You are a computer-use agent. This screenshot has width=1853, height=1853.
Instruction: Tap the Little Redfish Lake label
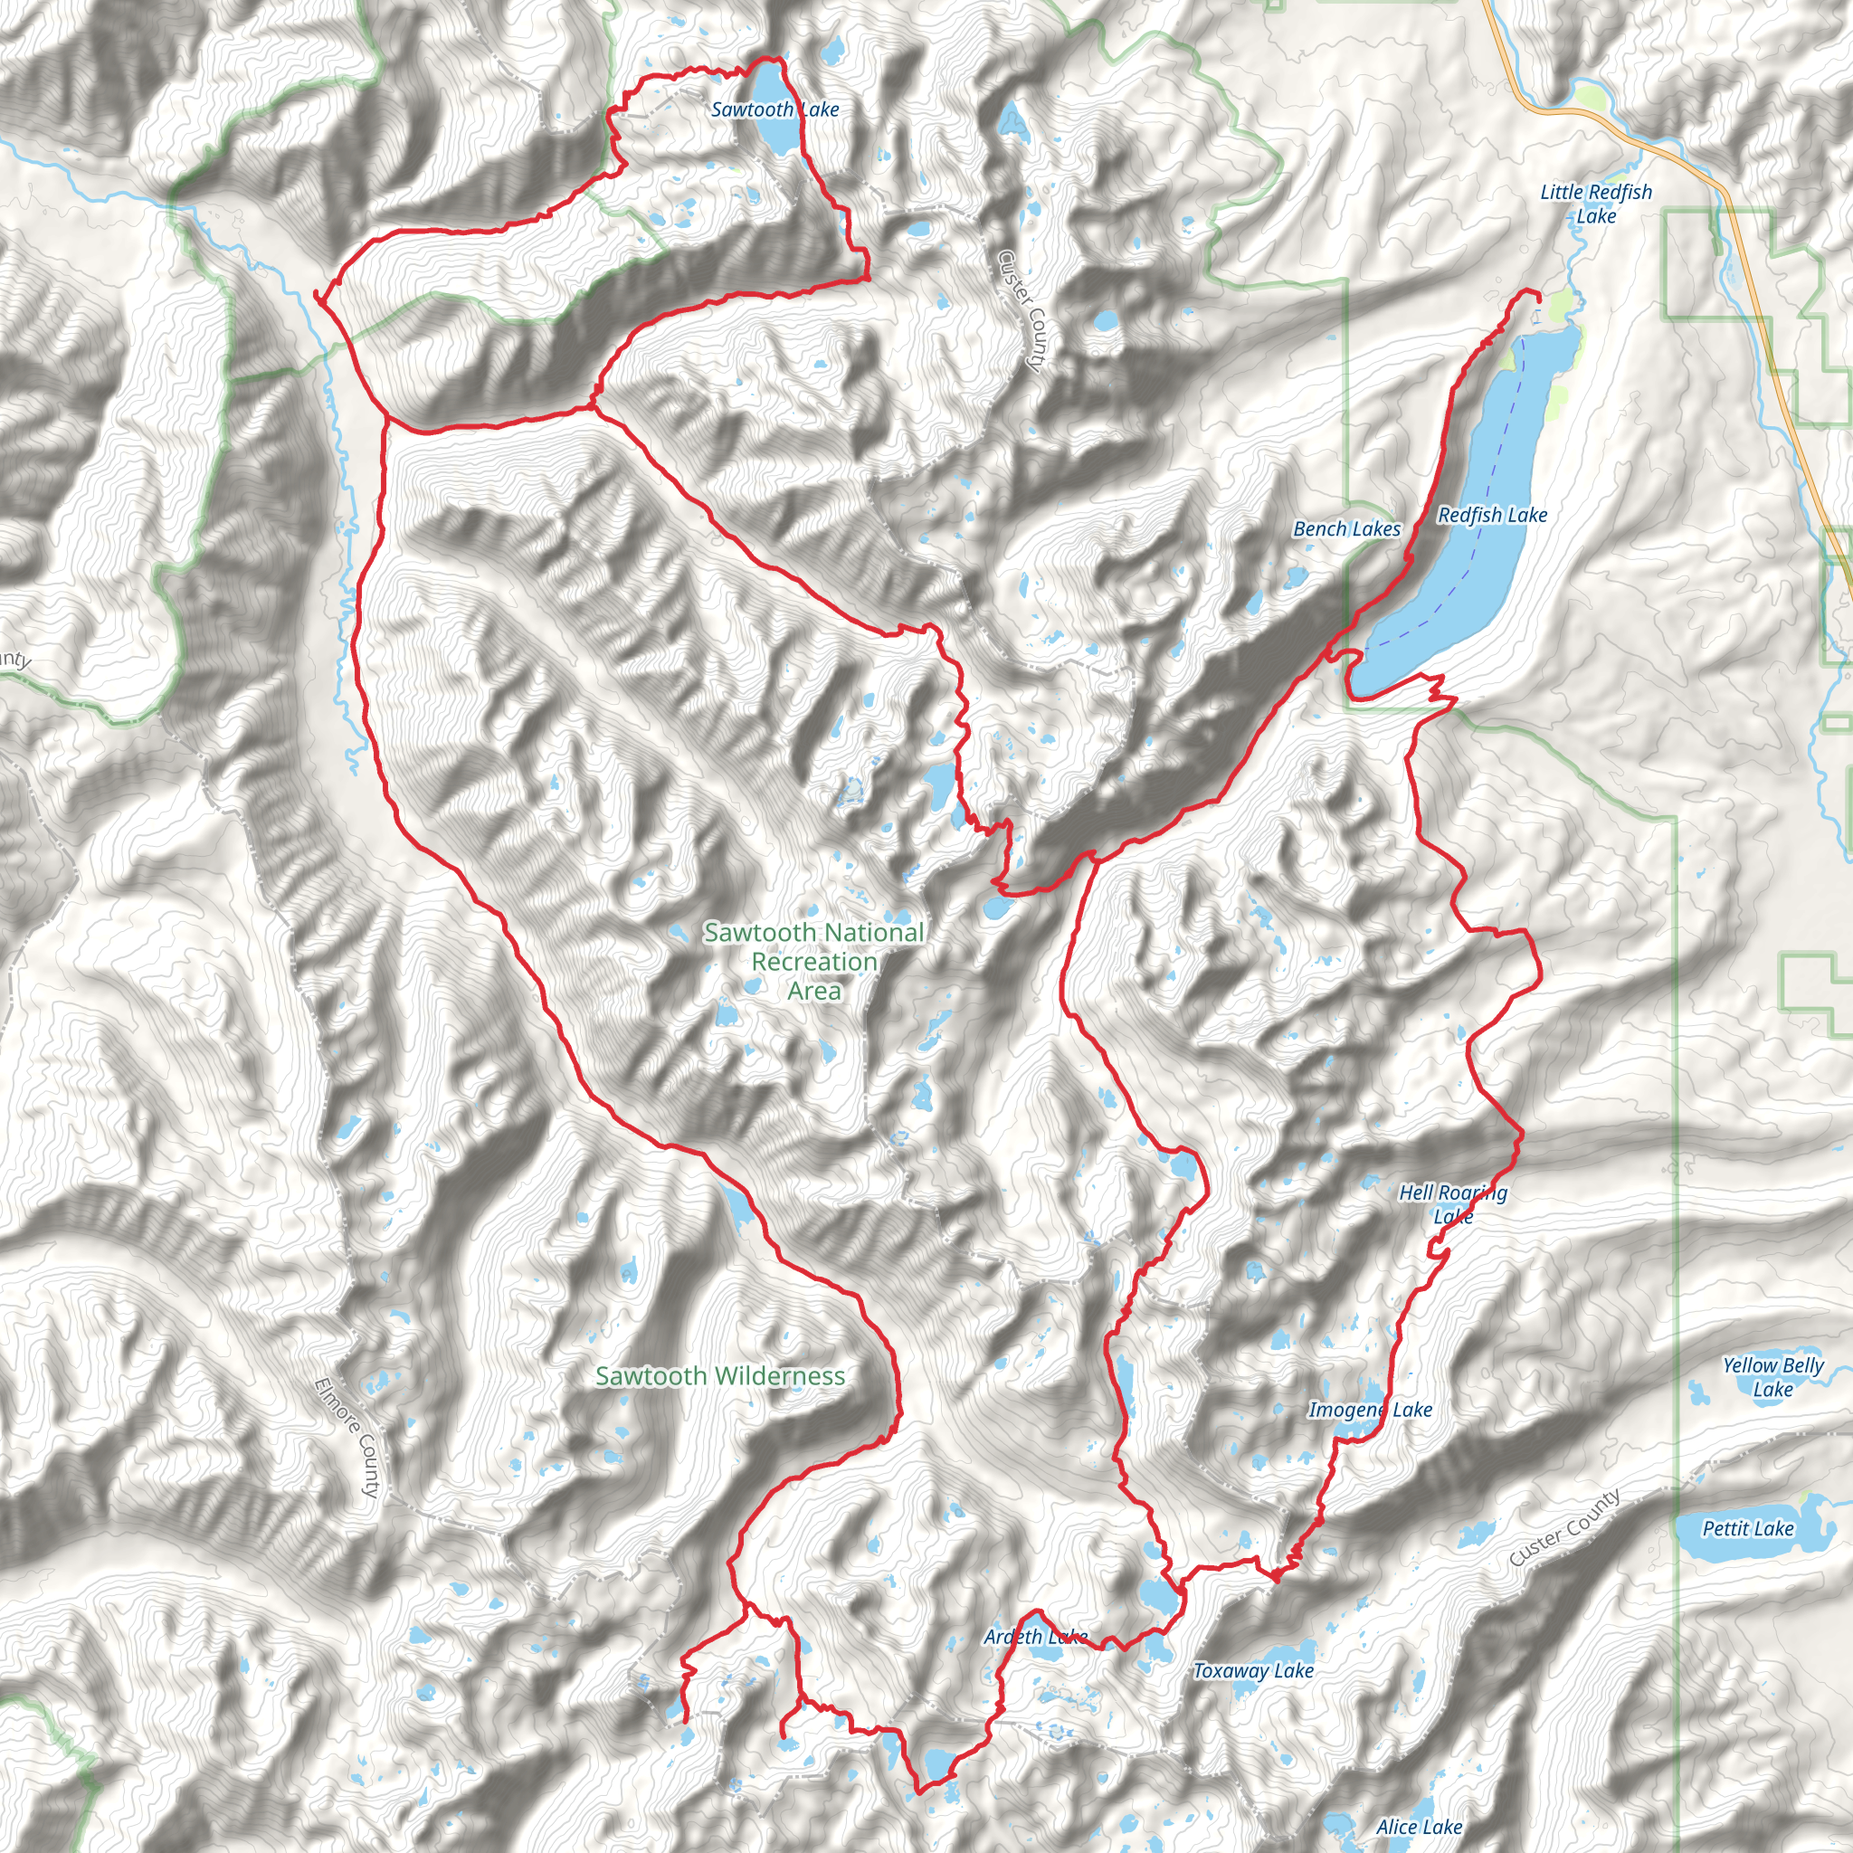pyautogui.click(x=1596, y=204)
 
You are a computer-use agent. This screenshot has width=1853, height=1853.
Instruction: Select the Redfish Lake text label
pyautogui.click(x=1492, y=516)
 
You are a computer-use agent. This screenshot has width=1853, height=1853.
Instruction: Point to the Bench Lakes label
pyautogui.click(x=1346, y=529)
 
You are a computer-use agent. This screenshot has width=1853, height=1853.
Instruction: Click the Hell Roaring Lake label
pyautogui.click(x=1452, y=1204)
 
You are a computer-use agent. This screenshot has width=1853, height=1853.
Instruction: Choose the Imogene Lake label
pyautogui.click(x=1370, y=1410)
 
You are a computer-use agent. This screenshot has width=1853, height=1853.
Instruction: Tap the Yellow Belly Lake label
pyautogui.click(x=1772, y=1377)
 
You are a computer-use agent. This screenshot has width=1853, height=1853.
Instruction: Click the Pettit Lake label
pyautogui.click(x=1747, y=1529)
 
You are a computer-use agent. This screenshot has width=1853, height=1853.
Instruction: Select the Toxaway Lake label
pyautogui.click(x=1252, y=1671)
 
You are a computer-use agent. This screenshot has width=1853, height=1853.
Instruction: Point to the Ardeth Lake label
pyautogui.click(x=1035, y=1637)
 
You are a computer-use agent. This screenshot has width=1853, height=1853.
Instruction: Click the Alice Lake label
pyautogui.click(x=1419, y=1827)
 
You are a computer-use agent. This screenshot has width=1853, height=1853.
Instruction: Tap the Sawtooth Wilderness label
pyautogui.click(x=720, y=1376)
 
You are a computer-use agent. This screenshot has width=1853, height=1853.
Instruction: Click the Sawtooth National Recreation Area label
pyautogui.click(x=814, y=961)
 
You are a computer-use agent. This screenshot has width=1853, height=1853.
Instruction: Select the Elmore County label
pyautogui.click(x=347, y=1438)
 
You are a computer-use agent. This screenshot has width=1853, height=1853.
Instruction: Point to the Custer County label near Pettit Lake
pyautogui.click(x=1564, y=1528)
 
